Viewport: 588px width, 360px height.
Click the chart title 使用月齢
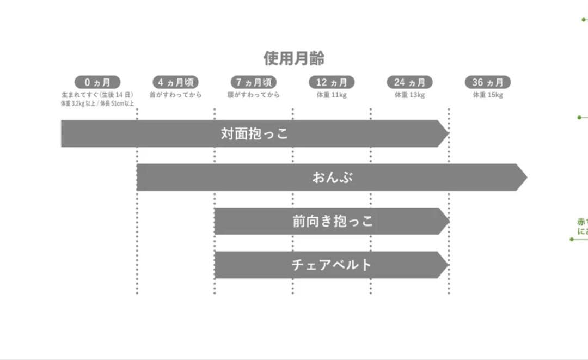pyautogui.click(x=294, y=58)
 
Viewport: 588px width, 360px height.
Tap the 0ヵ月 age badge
pyautogui.click(x=97, y=82)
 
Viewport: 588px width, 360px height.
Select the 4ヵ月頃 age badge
pyautogui.click(x=175, y=82)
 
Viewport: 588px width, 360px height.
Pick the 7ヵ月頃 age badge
pyautogui.click(x=253, y=82)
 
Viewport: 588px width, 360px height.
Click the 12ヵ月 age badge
pyautogui.click(x=332, y=82)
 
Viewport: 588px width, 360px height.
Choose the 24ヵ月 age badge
pyautogui.click(x=409, y=82)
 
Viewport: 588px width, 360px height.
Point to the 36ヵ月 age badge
pyautogui.click(x=487, y=82)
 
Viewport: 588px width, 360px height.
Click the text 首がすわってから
pyautogui.click(x=175, y=95)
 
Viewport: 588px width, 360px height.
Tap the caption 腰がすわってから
pyautogui.click(x=253, y=95)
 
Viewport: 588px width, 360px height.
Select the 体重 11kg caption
pyautogui.click(x=332, y=95)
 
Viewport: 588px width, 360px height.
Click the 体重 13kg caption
pyautogui.click(x=409, y=95)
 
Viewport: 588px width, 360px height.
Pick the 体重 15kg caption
pyautogui.click(x=487, y=95)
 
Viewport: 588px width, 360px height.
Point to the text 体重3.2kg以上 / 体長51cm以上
pyautogui.click(x=97, y=103)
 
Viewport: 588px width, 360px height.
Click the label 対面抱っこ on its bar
pyautogui.click(x=254, y=133)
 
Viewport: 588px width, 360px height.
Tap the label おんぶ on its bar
pyautogui.click(x=333, y=178)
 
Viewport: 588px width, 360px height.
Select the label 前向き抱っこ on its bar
pyautogui.click(x=332, y=221)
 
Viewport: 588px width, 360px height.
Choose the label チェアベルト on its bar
pyautogui.click(x=332, y=265)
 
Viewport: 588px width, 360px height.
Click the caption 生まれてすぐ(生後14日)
pyautogui.click(x=97, y=95)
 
